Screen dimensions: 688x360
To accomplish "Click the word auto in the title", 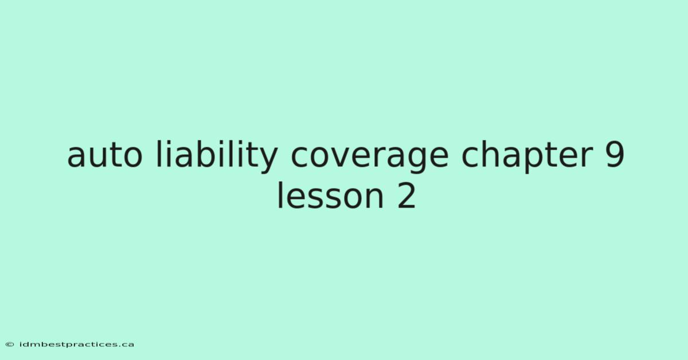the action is (105, 156).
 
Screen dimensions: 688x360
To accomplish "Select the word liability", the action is (217, 156).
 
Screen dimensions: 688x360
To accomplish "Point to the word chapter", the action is (527, 156).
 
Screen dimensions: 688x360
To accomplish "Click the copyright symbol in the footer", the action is (10, 345).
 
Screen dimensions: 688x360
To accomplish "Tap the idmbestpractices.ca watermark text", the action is (77, 345).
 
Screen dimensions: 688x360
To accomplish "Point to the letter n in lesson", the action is (374, 196).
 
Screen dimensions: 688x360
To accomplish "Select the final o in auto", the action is (132, 156).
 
